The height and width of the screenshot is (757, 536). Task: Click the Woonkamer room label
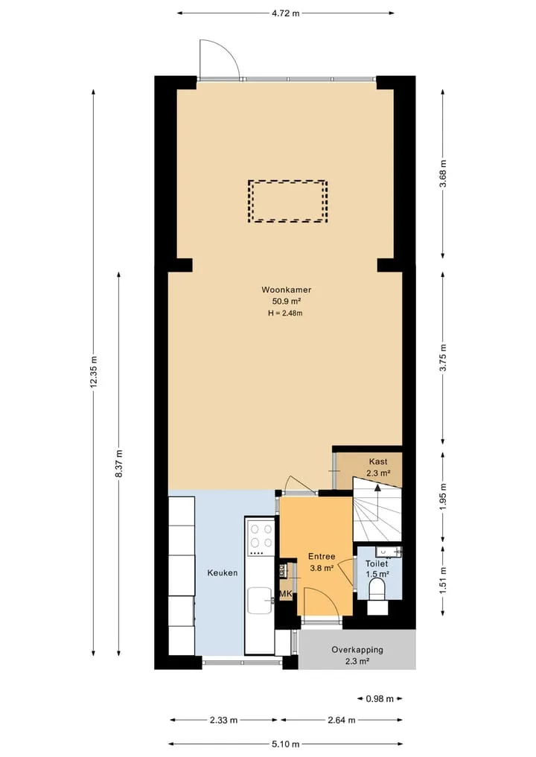287,290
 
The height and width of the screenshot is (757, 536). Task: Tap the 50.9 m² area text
287,301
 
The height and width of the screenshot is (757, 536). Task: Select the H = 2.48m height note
285,313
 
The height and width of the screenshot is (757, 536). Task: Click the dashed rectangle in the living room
288,201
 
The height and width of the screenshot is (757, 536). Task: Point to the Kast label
378,461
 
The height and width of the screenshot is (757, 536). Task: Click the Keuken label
223,573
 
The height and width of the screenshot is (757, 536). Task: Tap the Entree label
322,557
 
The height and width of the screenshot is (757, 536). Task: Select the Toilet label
377,563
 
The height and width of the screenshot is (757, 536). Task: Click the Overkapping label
357,650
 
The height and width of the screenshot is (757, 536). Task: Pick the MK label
286,593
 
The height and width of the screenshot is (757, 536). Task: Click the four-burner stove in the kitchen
261,538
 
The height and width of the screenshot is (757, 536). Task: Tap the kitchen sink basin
260,600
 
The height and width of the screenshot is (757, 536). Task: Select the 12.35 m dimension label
94,371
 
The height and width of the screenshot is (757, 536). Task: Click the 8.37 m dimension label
119,464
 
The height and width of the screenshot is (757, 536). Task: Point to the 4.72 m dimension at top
285,13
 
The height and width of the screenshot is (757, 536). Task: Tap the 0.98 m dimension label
380,699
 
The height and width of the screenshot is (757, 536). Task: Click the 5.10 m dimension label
285,744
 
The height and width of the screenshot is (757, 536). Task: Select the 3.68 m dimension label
443,173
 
